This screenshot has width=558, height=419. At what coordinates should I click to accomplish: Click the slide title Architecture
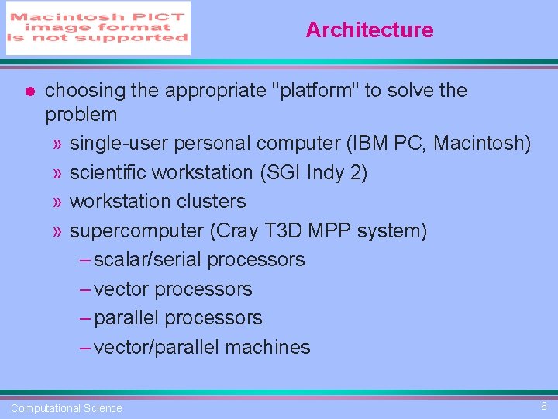click(x=369, y=30)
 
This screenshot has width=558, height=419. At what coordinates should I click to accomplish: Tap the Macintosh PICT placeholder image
click(x=98, y=28)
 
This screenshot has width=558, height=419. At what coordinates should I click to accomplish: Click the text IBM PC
click(x=387, y=144)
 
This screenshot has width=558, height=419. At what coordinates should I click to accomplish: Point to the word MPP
click(x=329, y=231)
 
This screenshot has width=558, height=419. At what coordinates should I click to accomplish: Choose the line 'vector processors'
click(x=172, y=289)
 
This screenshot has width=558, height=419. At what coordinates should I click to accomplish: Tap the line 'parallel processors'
click(x=177, y=318)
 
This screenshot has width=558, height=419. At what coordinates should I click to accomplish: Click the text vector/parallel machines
click(x=201, y=348)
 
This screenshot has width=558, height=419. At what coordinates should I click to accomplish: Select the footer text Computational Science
click(x=67, y=408)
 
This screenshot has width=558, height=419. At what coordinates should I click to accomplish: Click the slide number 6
click(x=543, y=406)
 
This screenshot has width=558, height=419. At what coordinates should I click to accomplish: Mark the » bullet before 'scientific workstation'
click(x=58, y=173)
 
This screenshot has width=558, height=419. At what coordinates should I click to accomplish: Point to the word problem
click(x=81, y=115)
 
